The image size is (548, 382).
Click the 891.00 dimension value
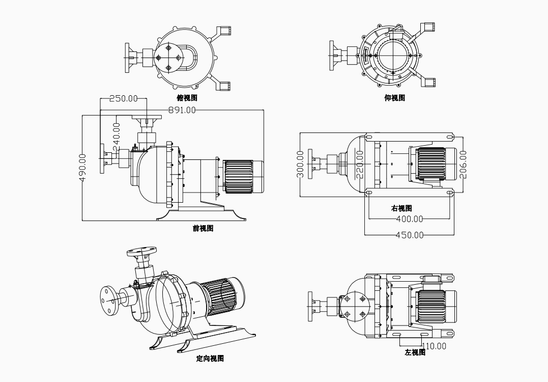point(182,110)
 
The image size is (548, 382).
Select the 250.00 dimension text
point(124,98)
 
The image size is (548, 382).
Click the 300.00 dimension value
point(300,164)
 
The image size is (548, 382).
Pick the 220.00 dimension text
point(360,164)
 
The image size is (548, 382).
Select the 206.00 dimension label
point(463,164)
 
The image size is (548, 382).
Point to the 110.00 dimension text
point(434,346)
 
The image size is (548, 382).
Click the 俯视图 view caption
point(187,98)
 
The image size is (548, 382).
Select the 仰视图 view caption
point(394,98)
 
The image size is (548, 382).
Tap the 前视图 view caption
point(203,228)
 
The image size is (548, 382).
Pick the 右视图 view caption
point(401,208)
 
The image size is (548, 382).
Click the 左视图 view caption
point(415,352)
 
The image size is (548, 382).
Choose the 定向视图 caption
point(210,359)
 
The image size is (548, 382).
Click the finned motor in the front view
point(239,177)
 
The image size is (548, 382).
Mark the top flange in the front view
point(147,118)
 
